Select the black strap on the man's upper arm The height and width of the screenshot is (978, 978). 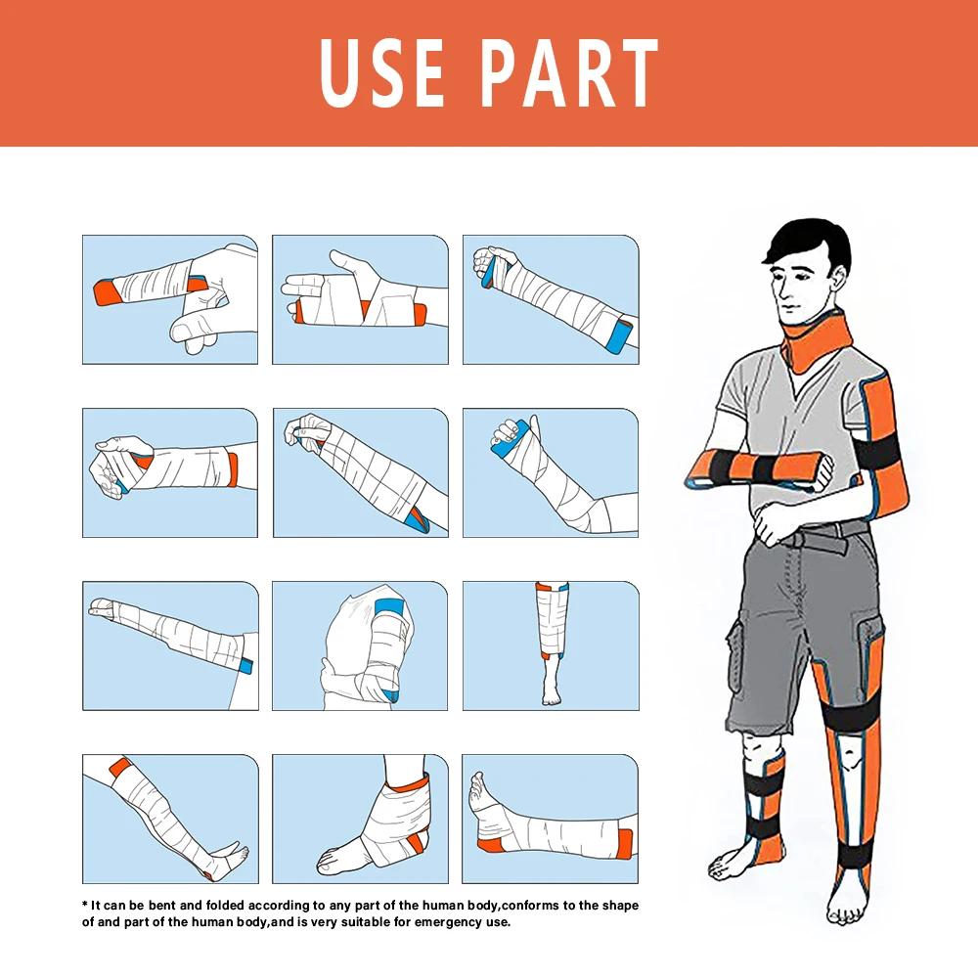click(x=886, y=454)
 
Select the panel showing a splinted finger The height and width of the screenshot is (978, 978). click(x=170, y=299)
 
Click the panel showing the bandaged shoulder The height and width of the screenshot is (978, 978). click(x=360, y=645)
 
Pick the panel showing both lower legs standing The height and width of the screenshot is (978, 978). click(x=550, y=645)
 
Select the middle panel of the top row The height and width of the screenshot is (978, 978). click(x=360, y=299)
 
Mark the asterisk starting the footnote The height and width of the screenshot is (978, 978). click(x=85, y=905)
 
